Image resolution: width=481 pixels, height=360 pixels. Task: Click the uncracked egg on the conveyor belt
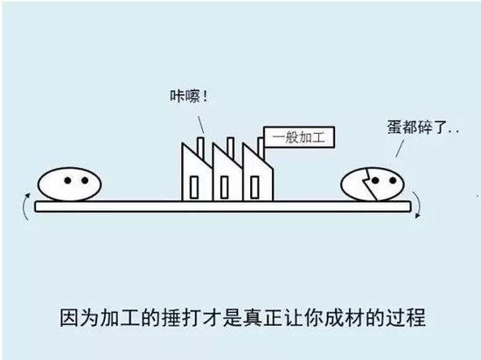pyautogui.click(x=70, y=183)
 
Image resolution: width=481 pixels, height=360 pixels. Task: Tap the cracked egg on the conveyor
pyautogui.click(x=373, y=183)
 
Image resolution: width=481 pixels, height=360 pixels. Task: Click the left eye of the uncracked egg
pyautogui.click(x=68, y=181)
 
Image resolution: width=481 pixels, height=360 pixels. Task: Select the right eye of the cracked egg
pyautogui.click(x=393, y=181)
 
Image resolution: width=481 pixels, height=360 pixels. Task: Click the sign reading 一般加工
pyautogui.click(x=299, y=137)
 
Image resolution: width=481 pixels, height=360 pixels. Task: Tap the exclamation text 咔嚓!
pyautogui.click(x=189, y=96)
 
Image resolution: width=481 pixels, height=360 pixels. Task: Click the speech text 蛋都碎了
pyautogui.click(x=418, y=128)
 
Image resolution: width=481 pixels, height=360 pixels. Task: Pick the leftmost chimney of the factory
pyautogui.click(x=200, y=148)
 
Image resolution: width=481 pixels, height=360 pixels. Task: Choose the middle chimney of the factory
pyautogui.click(x=230, y=148)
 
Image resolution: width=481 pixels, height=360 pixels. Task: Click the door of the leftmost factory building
pyautogui.click(x=194, y=187)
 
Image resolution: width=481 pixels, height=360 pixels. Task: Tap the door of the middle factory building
pyautogui.click(x=224, y=187)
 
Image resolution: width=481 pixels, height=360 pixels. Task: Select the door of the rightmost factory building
pyautogui.click(x=254, y=187)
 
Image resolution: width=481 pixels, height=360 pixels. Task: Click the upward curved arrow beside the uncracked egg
pyautogui.click(x=24, y=206)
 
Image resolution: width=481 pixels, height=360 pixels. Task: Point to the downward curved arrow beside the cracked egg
pyautogui.click(x=418, y=204)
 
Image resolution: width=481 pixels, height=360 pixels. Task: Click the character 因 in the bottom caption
pyautogui.click(x=69, y=317)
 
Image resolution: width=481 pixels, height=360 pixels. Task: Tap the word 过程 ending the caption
pyautogui.click(x=406, y=317)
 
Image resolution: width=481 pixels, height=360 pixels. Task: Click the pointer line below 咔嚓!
pyautogui.click(x=201, y=124)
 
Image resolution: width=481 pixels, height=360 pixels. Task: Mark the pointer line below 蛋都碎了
pyautogui.click(x=400, y=149)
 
